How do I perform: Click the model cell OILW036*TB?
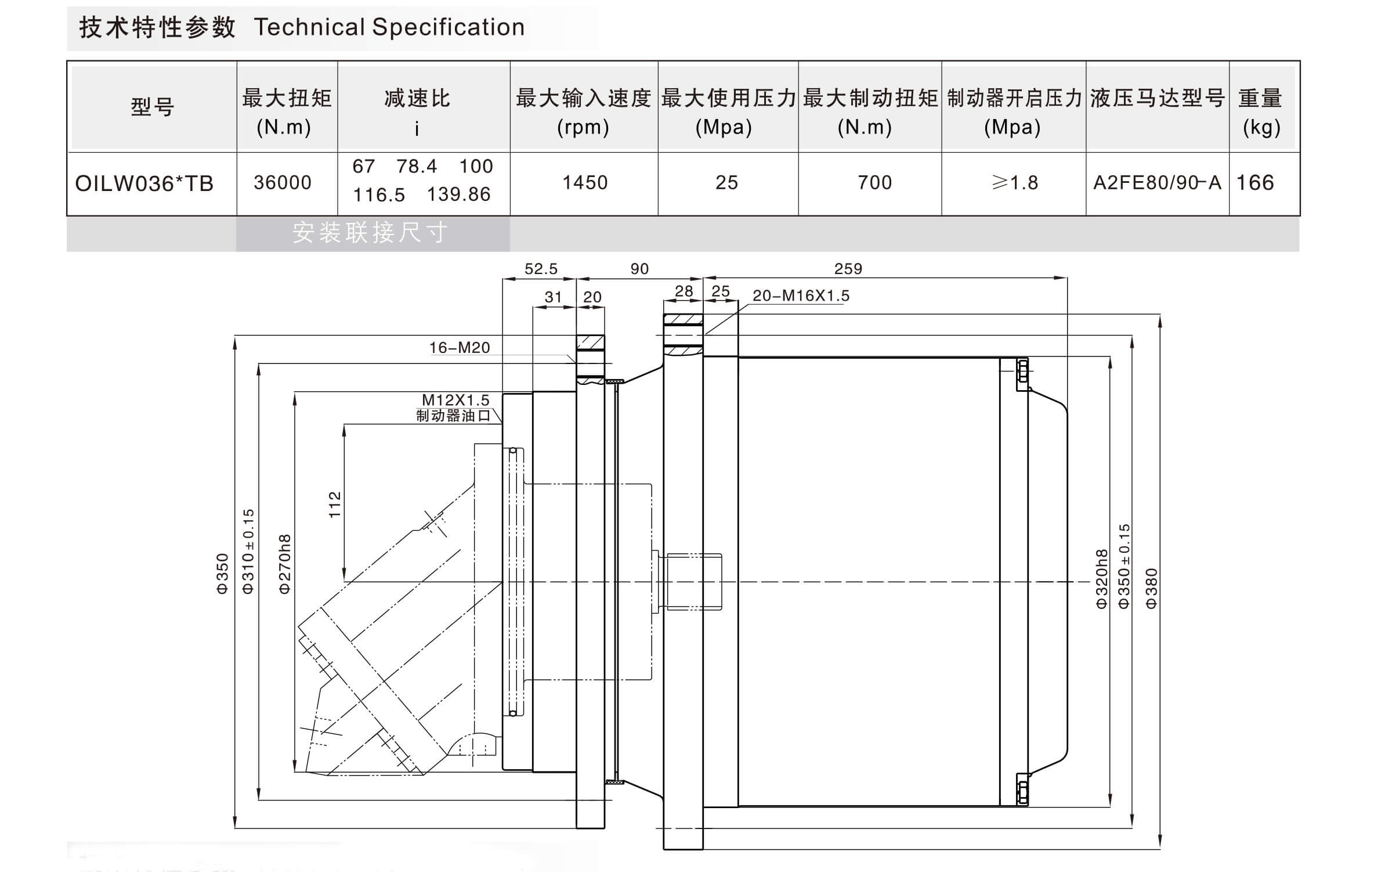(144, 183)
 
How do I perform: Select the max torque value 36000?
(283, 183)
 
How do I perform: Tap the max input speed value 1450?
(585, 183)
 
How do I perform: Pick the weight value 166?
(1255, 183)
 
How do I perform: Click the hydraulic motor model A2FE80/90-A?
(1157, 183)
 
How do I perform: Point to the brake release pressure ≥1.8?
(1015, 183)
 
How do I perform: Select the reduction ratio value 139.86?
(458, 194)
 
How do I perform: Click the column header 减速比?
(417, 99)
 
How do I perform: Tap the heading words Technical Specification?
(389, 27)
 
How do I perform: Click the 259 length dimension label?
(848, 269)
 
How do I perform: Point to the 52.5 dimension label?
(541, 269)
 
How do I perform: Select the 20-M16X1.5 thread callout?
(801, 296)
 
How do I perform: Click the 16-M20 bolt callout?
(460, 348)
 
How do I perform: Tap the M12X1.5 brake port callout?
(455, 400)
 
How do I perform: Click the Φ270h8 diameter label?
(285, 564)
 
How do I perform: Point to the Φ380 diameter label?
(1151, 588)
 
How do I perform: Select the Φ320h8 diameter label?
(1101, 579)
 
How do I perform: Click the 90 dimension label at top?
(639, 269)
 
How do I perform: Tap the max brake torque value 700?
(874, 183)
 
